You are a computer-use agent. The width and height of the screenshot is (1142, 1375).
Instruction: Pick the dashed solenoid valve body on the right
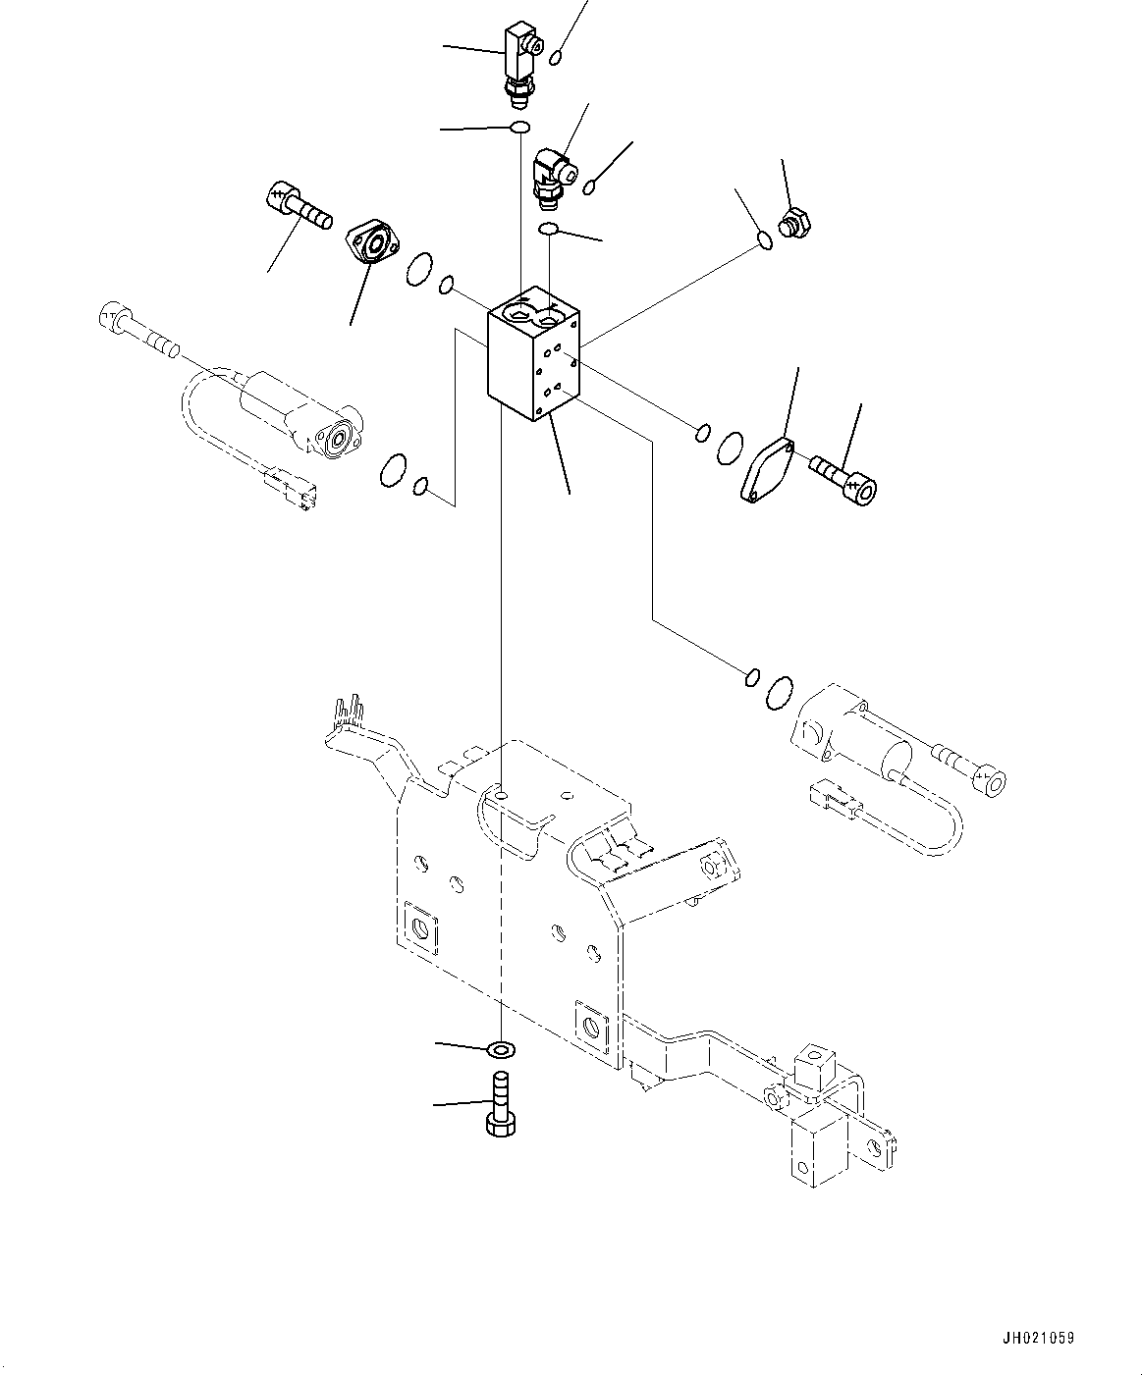(854, 736)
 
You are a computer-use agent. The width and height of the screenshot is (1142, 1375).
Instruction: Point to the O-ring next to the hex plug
(765, 238)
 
